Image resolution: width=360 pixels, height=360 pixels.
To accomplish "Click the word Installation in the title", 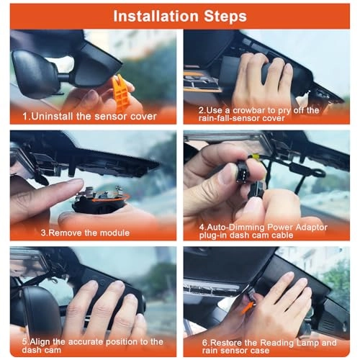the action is click(x=156, y=16).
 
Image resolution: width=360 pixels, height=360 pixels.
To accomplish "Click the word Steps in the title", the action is click(x=225, y=17).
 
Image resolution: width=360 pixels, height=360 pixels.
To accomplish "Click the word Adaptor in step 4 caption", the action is click(x=311, y=227).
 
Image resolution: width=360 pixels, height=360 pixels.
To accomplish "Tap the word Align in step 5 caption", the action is click(x=40, y=341).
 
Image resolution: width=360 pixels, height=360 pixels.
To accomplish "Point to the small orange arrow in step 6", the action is click(x=247, y=308).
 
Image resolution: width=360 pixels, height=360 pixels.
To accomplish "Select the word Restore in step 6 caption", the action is click(x=225, y=343).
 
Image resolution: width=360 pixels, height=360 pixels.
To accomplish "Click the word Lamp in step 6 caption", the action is click(x=307, y=343).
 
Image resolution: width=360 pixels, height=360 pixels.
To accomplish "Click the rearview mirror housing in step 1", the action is click(x=36, y=74).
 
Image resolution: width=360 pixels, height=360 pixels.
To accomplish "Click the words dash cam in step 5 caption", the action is click(x=41, y=350).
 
